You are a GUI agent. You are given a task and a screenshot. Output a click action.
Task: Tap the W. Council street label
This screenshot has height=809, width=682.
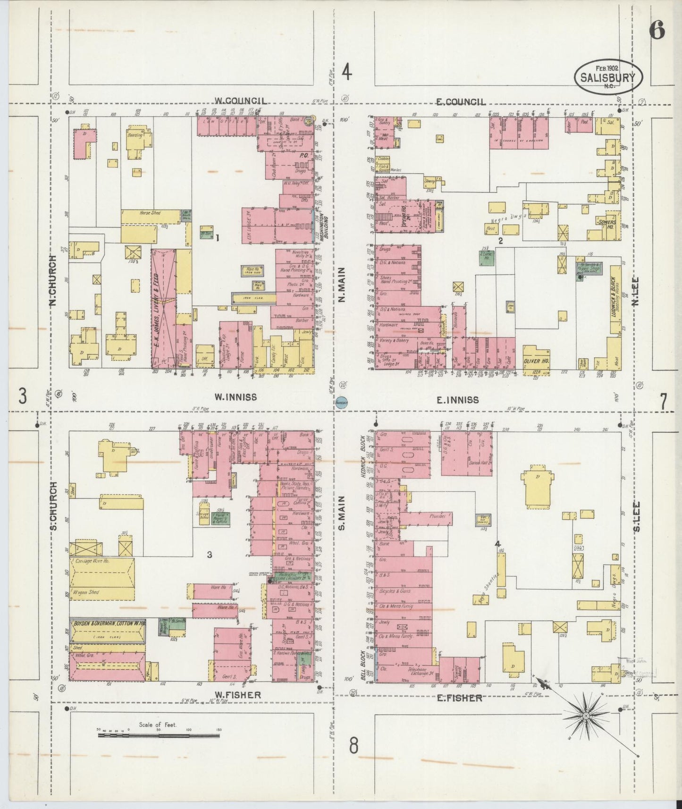click(x=240, y=101)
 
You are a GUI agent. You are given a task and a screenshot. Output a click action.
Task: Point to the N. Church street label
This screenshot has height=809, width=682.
click(x=53, y=280)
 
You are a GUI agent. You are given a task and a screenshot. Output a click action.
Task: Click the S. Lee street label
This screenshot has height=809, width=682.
click(x=636, y=515)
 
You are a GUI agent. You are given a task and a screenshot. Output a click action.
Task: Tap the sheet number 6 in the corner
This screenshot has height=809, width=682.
click(x=657, y=31)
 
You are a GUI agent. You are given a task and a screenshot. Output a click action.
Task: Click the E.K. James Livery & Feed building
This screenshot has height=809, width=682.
click(x=163, y=309)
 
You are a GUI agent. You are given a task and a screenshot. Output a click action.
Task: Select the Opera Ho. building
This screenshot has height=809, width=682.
click(x=404, y=215)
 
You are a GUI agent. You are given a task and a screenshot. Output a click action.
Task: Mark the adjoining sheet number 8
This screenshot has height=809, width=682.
click(x=354, y=746)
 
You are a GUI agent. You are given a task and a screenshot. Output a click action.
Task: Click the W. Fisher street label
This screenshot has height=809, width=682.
click(x=237, y=695)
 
